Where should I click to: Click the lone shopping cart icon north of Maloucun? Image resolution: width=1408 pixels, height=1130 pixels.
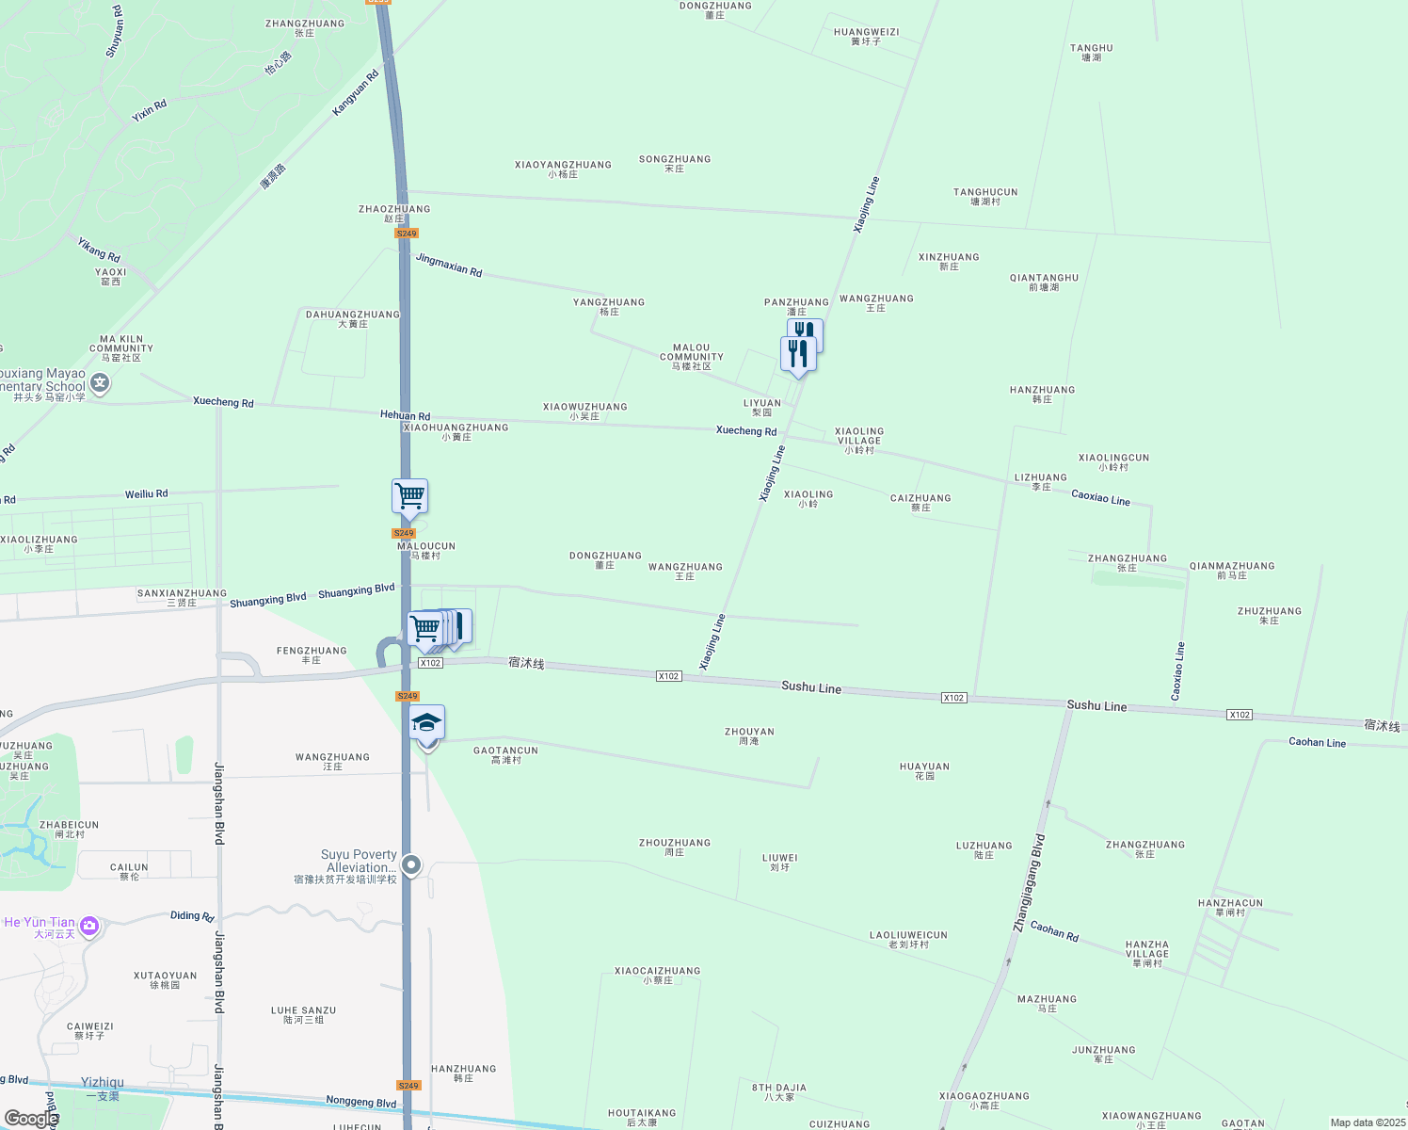point(409,495)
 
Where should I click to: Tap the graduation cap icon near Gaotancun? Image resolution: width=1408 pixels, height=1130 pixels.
point(426,723)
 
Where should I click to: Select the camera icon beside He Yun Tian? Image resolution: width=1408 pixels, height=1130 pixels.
point(89,927)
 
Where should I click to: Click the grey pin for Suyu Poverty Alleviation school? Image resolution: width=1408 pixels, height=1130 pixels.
point(411,864)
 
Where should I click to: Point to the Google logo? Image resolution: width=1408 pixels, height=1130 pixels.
point(30,1118)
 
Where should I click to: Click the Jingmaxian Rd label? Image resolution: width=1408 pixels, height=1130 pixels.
point(449,266)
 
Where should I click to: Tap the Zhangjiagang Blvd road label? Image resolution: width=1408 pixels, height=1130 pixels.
point(1029,883)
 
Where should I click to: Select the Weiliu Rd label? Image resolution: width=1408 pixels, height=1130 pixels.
point(146,493)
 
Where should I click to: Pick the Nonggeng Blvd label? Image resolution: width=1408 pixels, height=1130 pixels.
point(361,1102)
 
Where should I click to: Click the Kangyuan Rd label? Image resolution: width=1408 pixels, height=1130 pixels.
point(355,93)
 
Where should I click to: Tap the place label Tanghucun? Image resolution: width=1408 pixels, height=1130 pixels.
point(985,196)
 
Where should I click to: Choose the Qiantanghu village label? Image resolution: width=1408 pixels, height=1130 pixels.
point(1044,282)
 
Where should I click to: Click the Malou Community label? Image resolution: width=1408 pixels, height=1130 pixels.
point(692,356)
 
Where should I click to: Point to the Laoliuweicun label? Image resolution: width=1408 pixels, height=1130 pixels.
point(908,939)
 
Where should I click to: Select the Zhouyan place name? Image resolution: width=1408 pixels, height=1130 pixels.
point(749,735)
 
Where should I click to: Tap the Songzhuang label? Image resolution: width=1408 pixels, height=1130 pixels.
point(675,163)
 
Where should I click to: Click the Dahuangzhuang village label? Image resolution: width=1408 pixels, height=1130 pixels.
point(353,318)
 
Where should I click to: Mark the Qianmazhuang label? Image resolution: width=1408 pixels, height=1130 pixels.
point(1232,570)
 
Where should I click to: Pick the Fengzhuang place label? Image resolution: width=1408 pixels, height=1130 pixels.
point(312,654)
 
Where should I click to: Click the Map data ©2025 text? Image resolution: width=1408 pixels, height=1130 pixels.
point(1367,1122)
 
